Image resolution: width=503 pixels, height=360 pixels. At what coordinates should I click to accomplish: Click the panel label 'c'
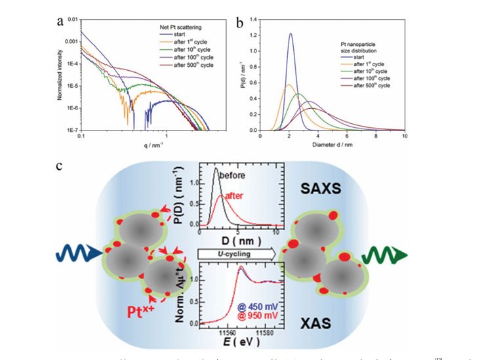pos(60,166)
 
